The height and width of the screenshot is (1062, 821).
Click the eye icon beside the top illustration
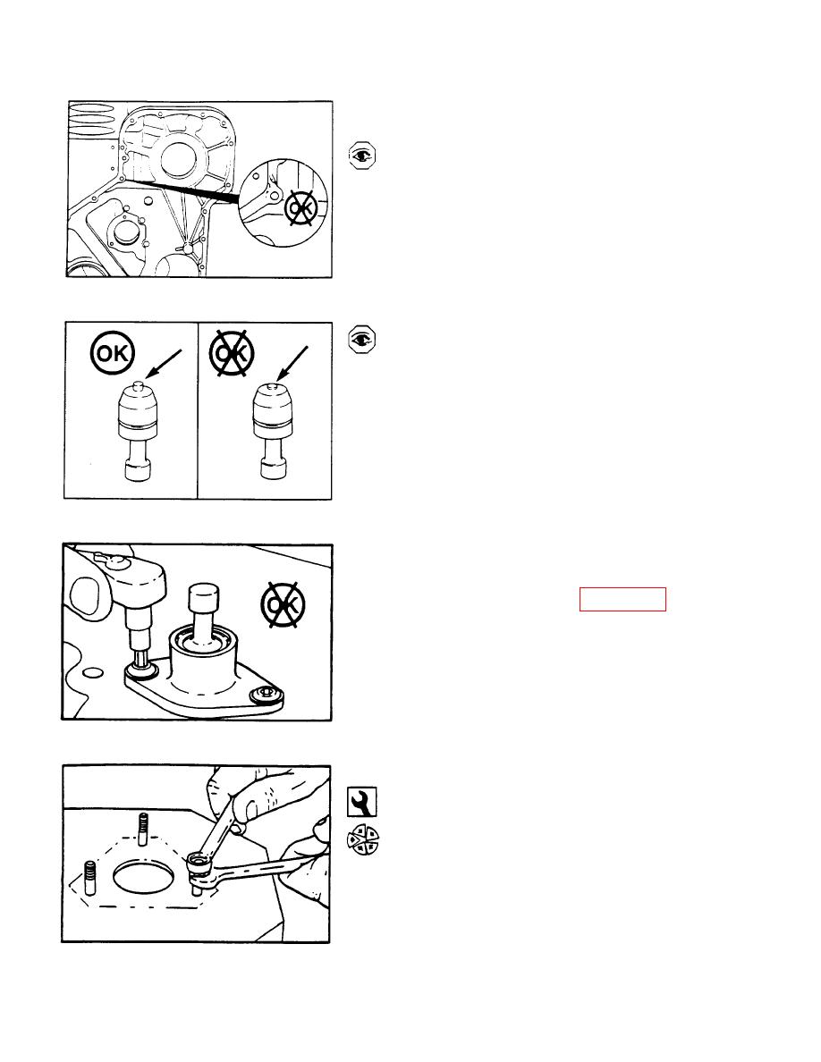361,156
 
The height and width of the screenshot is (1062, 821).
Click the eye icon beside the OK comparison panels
361,340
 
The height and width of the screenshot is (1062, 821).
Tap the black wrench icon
361,802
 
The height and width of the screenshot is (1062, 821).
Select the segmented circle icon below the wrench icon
362,840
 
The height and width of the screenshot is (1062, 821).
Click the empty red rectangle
622,600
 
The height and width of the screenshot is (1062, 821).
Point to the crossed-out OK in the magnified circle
300,207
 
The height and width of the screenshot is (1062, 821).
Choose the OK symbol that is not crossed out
113,353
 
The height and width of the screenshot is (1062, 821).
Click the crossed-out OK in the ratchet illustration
284,604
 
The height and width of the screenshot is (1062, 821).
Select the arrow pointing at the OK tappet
164,364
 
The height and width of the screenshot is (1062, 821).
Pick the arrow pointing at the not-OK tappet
292,363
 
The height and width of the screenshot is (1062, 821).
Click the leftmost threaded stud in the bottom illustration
90,878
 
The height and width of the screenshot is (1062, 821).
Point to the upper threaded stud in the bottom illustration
143,829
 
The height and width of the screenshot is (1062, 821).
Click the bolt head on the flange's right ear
266,694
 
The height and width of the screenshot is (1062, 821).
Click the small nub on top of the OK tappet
137,384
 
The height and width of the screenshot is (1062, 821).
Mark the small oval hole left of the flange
93,672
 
